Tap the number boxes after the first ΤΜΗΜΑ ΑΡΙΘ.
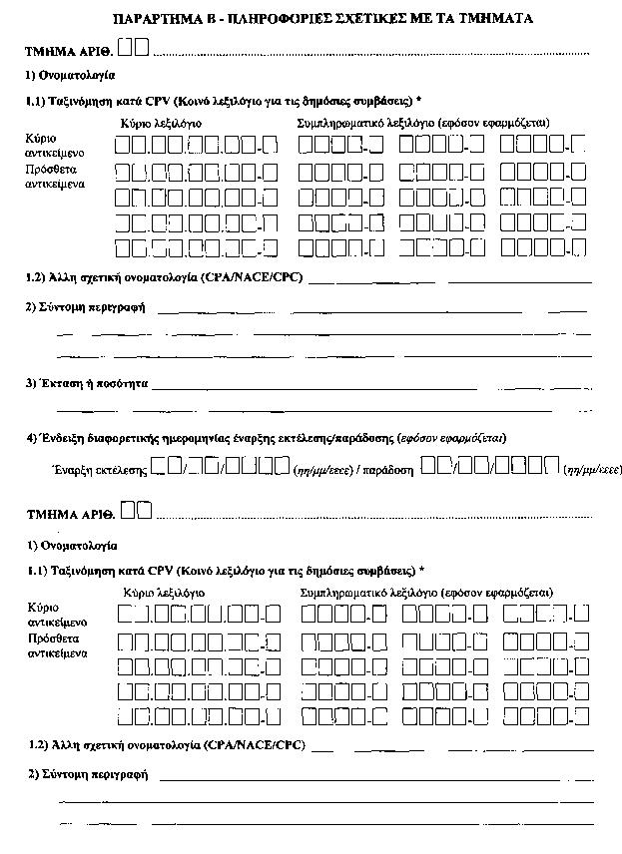click(x=134, y=47)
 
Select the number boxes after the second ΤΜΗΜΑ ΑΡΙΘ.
click(x=140, y=511)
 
